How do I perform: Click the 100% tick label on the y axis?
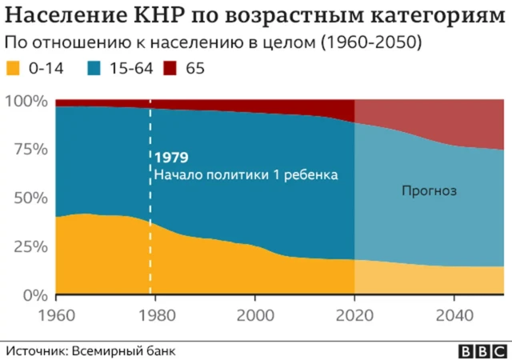tap(27, 102)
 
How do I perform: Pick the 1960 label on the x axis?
tap(57, 314)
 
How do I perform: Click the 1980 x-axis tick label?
tap(156, 314)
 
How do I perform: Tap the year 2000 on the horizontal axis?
tap(255, 314)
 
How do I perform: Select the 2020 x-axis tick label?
tap(354, 314)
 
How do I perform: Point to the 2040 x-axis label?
tap(454, 314)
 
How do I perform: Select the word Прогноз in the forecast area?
tap(428, 191)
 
